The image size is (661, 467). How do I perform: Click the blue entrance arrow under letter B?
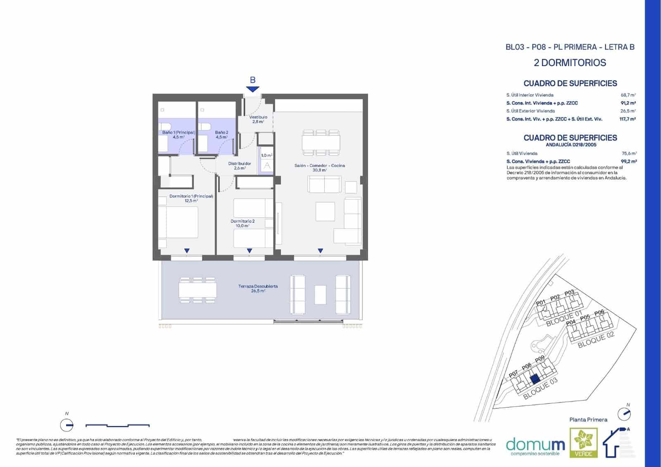point(252,89)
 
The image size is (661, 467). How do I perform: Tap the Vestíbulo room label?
point(258,117)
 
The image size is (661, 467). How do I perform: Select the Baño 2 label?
point(221,132)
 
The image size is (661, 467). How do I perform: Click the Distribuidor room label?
point(240,164)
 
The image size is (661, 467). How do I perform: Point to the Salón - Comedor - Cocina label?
point(319,165)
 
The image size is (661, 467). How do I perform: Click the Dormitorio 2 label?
point(243,221)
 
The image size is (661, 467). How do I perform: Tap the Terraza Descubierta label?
point(258,286)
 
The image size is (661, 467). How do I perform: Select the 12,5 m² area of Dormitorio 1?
point(191,201)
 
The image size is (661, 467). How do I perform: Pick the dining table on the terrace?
point(197,290)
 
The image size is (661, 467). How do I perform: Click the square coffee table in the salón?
point(325,211)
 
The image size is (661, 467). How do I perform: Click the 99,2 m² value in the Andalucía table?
point(628,162)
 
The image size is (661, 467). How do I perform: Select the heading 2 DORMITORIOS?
point(570,63)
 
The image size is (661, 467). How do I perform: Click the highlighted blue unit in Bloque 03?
point(535,379)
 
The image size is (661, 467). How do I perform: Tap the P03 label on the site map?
point(569,293)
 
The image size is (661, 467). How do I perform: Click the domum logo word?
point(535,445)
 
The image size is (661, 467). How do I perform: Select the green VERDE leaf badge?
point(583,443)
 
